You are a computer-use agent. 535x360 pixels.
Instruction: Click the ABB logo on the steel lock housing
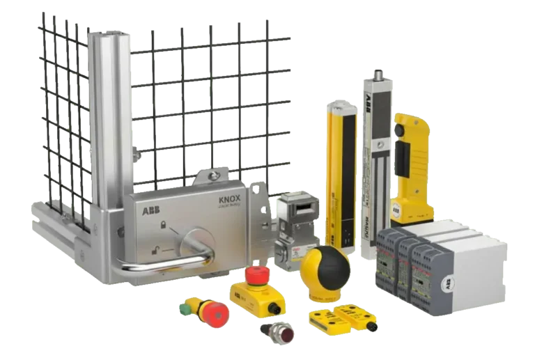coord(150,210)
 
